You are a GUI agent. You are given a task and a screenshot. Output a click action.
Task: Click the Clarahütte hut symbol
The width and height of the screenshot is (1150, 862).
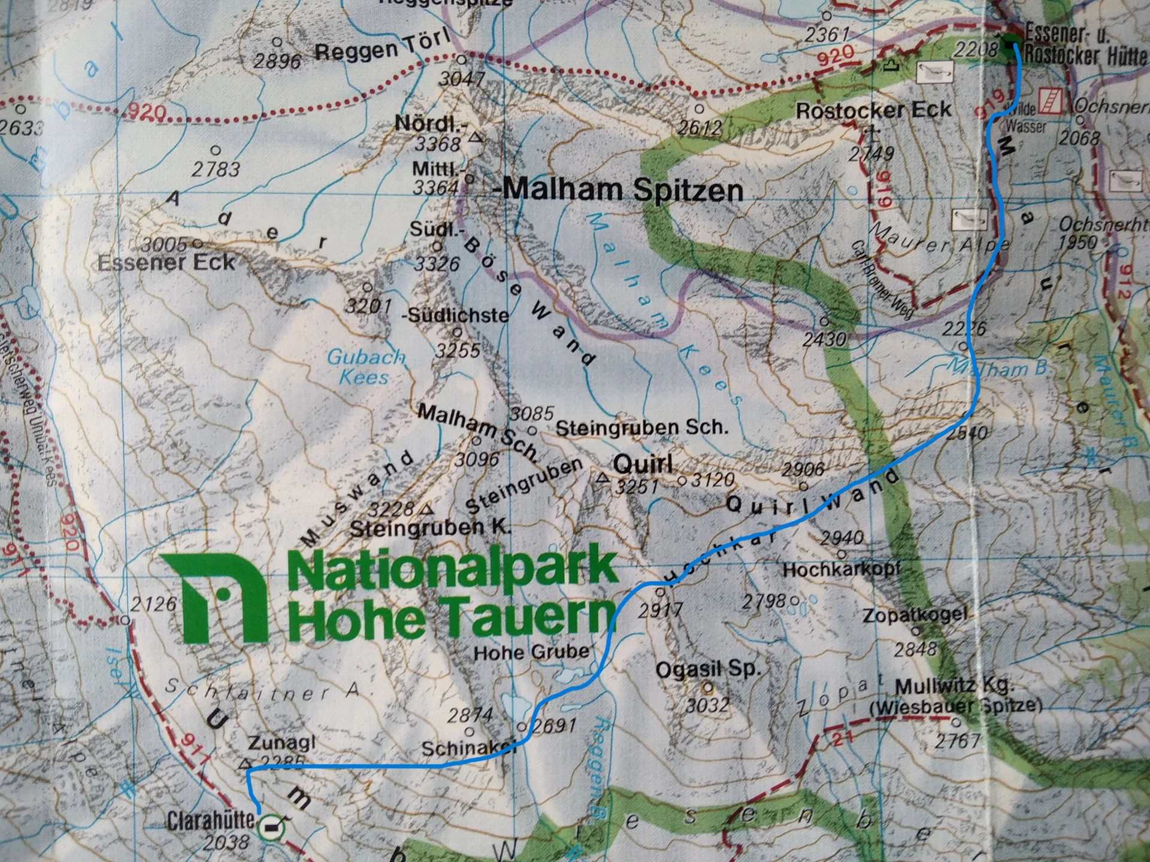tap(272, 827)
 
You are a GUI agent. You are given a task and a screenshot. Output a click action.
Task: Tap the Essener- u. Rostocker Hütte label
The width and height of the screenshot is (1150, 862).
tap(1084, 43)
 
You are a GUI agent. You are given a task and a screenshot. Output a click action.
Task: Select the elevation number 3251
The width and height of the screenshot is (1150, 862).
tap(637, 486)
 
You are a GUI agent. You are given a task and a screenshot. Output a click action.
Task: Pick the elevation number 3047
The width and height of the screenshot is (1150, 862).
tap(461, 78)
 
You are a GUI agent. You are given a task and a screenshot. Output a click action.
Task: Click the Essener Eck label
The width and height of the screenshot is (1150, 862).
tap(167, 262)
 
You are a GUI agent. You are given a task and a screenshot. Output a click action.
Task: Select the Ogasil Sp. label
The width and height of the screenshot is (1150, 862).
tap(708, 669)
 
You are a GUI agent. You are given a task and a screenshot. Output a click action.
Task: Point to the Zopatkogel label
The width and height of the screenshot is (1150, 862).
tap(915, 614)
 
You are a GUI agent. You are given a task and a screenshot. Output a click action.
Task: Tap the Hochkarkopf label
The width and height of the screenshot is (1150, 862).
tap(842, 569)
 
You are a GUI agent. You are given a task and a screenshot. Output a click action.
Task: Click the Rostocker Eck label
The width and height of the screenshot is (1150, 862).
tap(873, 110)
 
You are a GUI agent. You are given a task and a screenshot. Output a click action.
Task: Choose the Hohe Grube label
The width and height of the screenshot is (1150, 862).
tap(531, 651)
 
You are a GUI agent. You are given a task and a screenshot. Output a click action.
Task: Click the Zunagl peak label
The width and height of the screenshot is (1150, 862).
tap(282, 743)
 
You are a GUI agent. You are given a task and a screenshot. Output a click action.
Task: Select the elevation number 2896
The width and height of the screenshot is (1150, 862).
tap(277, 61)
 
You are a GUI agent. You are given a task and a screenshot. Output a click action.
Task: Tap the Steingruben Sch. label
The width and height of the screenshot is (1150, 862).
tap(642, 427)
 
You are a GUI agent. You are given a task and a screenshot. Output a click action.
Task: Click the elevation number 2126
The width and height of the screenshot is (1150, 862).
tap(153, 604)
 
